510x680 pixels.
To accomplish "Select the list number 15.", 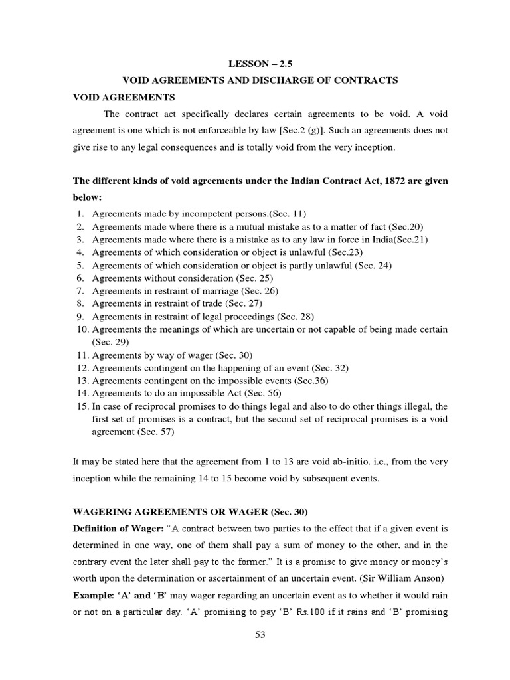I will click(x=80, y=406).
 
